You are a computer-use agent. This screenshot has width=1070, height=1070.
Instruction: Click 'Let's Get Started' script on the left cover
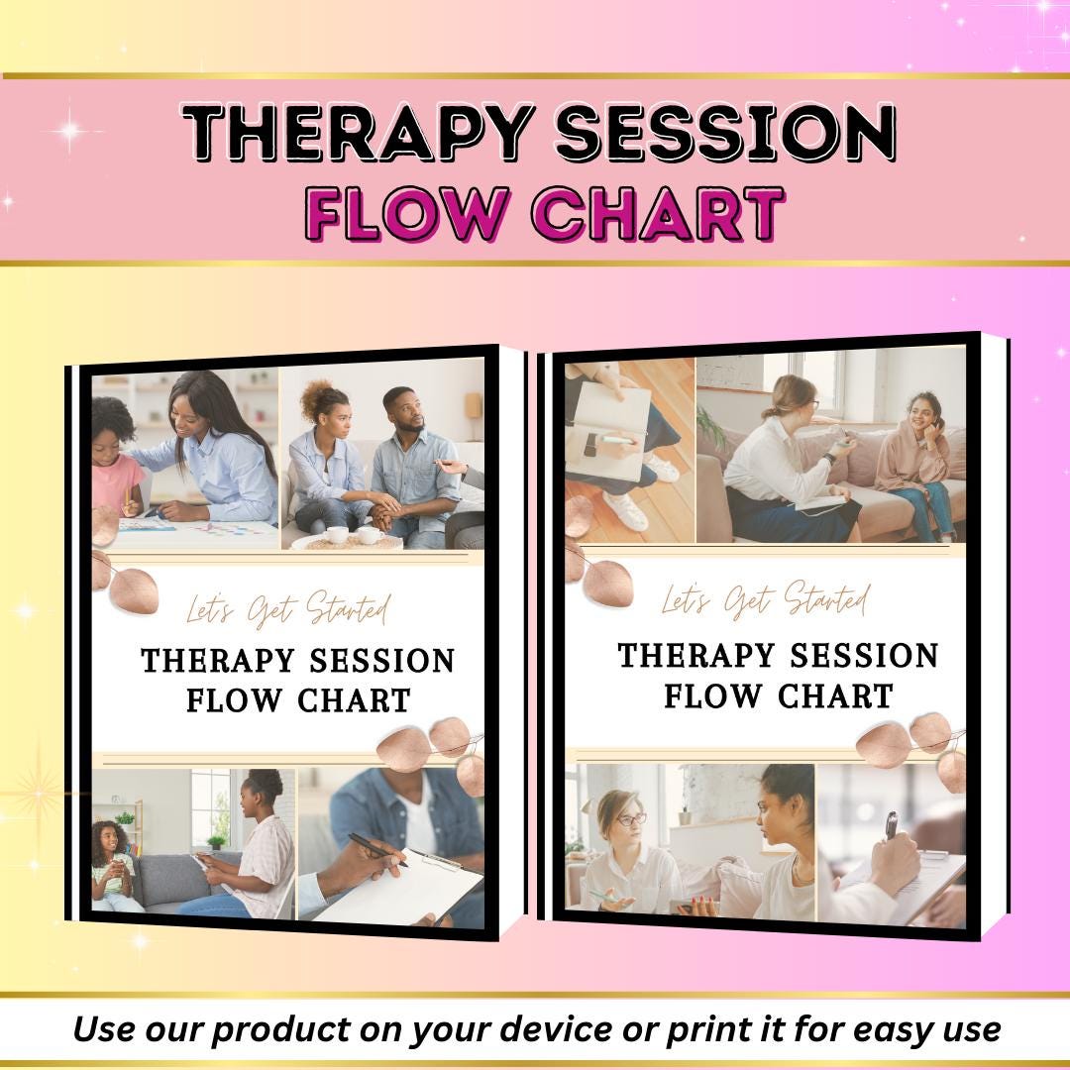[288, 609]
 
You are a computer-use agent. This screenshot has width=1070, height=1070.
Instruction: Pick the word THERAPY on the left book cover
[217, 661]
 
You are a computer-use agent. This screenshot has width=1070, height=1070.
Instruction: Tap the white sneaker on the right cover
[626, 510]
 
